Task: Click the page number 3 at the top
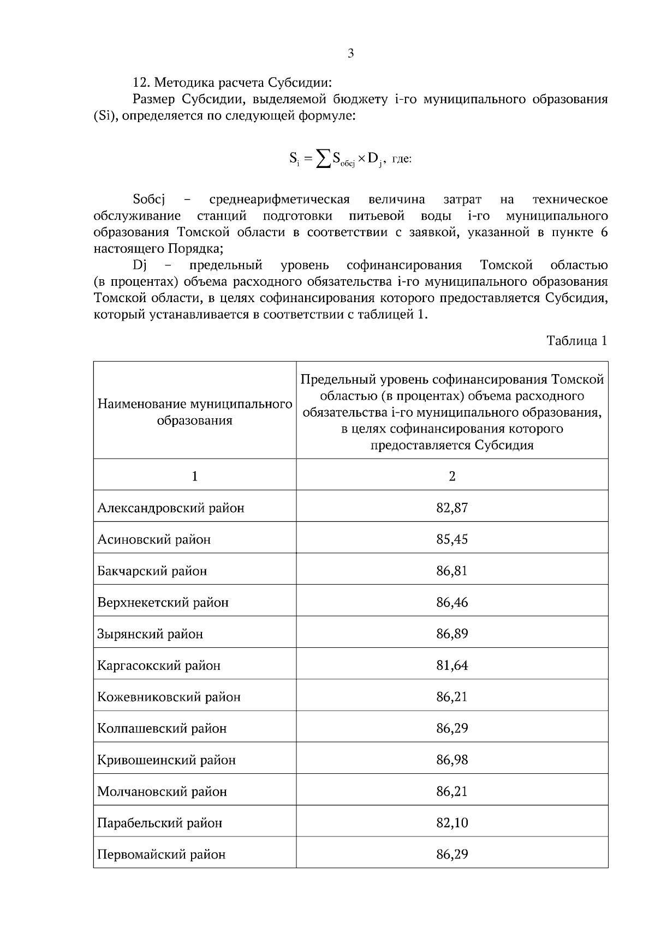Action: point(350,53)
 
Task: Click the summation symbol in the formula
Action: point(324,159)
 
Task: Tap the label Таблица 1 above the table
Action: point(577,341)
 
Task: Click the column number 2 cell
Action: point(452,476)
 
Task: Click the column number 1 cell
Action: point(195,476)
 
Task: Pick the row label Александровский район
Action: point(171,508)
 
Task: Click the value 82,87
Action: point(452,508)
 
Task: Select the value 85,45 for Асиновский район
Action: point(452,539)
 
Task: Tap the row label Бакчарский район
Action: point(152,571)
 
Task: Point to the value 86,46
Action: point(452,603)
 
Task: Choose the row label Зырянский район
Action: point(150,634)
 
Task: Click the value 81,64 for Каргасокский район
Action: point(452,665)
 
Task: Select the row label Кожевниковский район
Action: point(169,697)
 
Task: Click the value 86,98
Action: point(452,760)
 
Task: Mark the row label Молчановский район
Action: point(162,792)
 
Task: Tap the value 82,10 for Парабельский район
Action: point(452,823)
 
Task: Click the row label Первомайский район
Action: point(162,855)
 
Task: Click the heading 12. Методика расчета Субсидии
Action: point(233,83)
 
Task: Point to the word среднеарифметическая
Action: point(279,199)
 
